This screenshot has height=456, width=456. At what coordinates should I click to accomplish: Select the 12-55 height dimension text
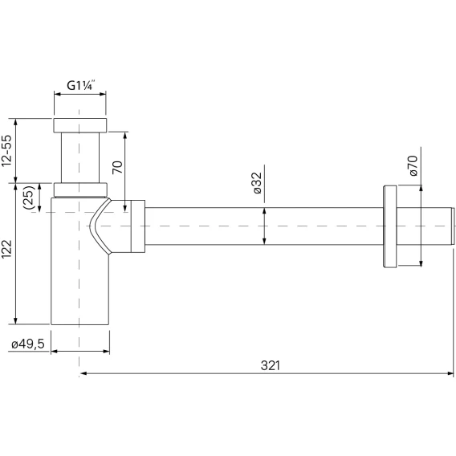pyautogui.click(x=7, y=151)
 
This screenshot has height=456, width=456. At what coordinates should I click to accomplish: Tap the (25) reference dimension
pyautogui.click(x=29, y=197)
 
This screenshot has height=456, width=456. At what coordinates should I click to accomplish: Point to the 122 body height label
pyautogui.click(x=6, y=249)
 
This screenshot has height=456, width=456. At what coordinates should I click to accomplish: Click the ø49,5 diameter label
pyautogui.click(x=28, y=344)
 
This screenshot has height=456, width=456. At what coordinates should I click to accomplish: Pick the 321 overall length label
pyautogui.click(x=271, y=365)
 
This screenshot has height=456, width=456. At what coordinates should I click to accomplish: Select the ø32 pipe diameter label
pyautogui.click(x=258, y=183)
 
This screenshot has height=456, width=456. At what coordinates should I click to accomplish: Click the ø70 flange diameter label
pyautogui.click(x=413, y=165)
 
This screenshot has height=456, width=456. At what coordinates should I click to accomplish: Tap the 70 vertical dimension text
pyautogui.click(x=118, y=167)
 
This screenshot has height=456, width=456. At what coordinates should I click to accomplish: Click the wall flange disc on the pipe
pyautogui.click(x=390, y=226)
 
